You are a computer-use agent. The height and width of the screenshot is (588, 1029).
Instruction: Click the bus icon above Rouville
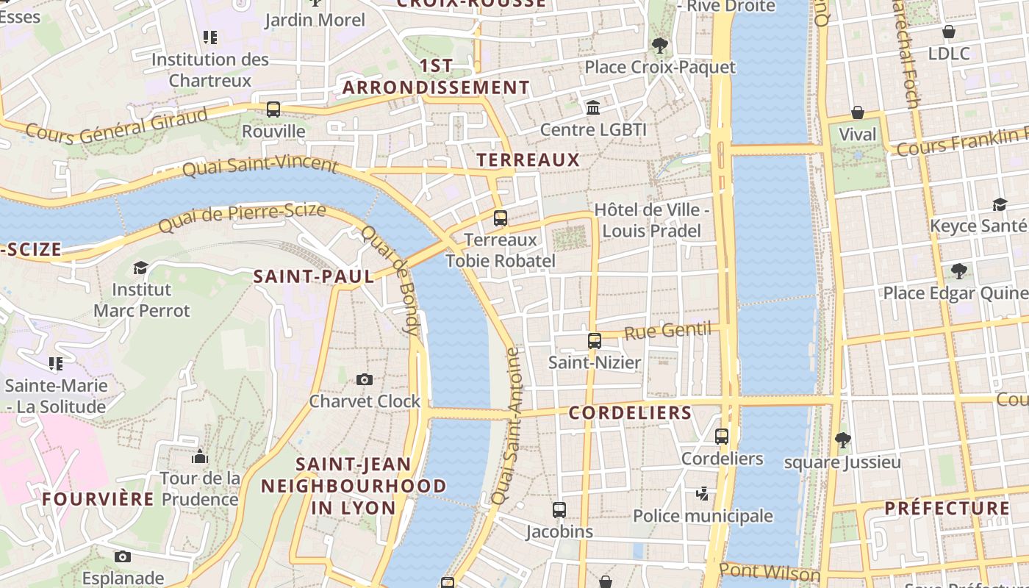(x=273, y=110)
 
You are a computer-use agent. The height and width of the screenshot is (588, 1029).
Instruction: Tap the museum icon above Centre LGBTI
(x=593, y=108)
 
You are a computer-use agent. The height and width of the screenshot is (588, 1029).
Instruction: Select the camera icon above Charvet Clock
(x=364, y=379)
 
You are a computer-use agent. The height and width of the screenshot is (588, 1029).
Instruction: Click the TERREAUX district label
(x=528, y=159)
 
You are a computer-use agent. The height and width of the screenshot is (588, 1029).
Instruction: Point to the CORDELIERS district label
(x=631, y=413)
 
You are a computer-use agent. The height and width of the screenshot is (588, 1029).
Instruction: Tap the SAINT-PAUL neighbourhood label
(x=314, y=277)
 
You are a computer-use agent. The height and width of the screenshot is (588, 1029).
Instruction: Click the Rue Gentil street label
(x=668, y=331)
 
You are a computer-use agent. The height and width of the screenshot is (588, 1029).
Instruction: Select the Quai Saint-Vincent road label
(x=260, y=166)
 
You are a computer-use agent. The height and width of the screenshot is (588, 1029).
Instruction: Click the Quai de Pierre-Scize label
(x=242, y=218)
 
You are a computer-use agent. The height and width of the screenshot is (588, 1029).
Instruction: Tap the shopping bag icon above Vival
(x=857, y=112)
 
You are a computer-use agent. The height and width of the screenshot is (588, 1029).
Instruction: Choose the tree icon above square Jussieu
(x=842, y=440)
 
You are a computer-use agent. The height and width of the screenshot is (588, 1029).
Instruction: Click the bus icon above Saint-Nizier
(x=595, y=341)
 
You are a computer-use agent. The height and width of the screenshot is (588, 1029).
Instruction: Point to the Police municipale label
(x=703, y=516)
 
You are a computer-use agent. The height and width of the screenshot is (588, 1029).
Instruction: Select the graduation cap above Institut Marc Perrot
(x=140, y=268)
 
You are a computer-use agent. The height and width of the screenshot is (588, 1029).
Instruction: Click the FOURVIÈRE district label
(x=98, y=499)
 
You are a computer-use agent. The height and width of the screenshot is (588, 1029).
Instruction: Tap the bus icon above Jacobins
(x=559, y=509)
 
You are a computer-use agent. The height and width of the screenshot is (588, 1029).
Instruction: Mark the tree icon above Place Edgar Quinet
(x=958, y=271)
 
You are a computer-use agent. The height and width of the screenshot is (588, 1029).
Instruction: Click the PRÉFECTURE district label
(x=947, y=508)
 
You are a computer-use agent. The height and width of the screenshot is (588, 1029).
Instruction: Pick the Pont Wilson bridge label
(x=770, y=571)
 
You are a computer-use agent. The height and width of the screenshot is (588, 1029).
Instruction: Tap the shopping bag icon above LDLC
(x=949, y=32)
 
